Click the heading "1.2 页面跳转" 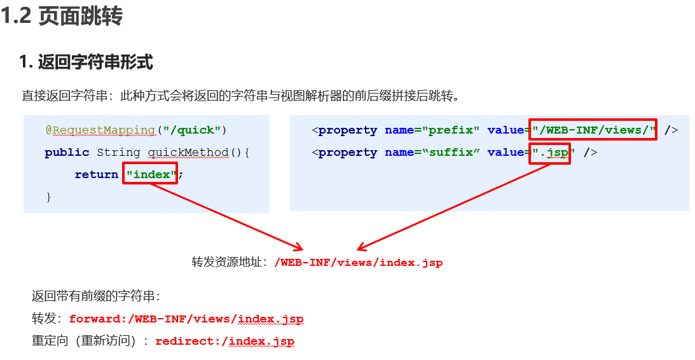[x=62, y=17]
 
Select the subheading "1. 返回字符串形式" [x=86, y=62]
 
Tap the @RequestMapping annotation [x=100, y=130]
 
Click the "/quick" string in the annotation [x=191, y=130]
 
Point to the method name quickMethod [x=188, y=153]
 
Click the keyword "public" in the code [x=67, y=153]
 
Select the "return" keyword [x=96, y=174]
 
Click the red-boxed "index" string [x=149, y=174]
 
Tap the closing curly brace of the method [x=48, y=197]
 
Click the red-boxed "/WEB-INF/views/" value [x=593, y=130]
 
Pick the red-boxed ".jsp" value [x=550, y=153]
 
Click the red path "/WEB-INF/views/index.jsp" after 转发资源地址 [x=358, y=262]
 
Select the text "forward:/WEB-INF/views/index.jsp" [x=186, y=319]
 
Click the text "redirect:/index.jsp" [x=224, y=342]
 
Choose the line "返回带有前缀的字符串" [x=95, y=296]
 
